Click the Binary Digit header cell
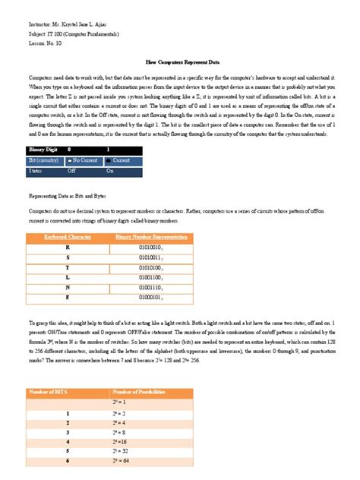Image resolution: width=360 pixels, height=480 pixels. point(43,150)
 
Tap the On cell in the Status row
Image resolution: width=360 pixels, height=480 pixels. point(110,171)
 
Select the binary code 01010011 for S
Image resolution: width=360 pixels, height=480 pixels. point(146,258)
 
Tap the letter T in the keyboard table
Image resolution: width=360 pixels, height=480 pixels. point(68,268)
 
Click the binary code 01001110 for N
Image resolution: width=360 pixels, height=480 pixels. point(146,289)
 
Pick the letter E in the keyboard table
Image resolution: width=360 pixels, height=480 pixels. point(68,299)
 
